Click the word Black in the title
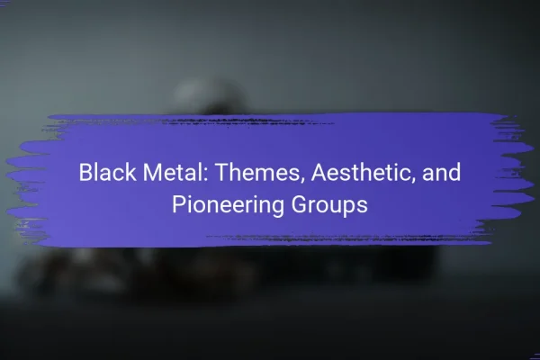107,172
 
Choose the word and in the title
442,172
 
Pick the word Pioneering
229,205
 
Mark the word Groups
329,205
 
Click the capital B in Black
85,172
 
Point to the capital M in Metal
152,172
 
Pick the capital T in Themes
222,172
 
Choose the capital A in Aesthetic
319,172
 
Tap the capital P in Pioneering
179,204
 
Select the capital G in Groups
300,204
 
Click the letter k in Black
131,172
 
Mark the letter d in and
454,172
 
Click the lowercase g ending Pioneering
279,209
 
